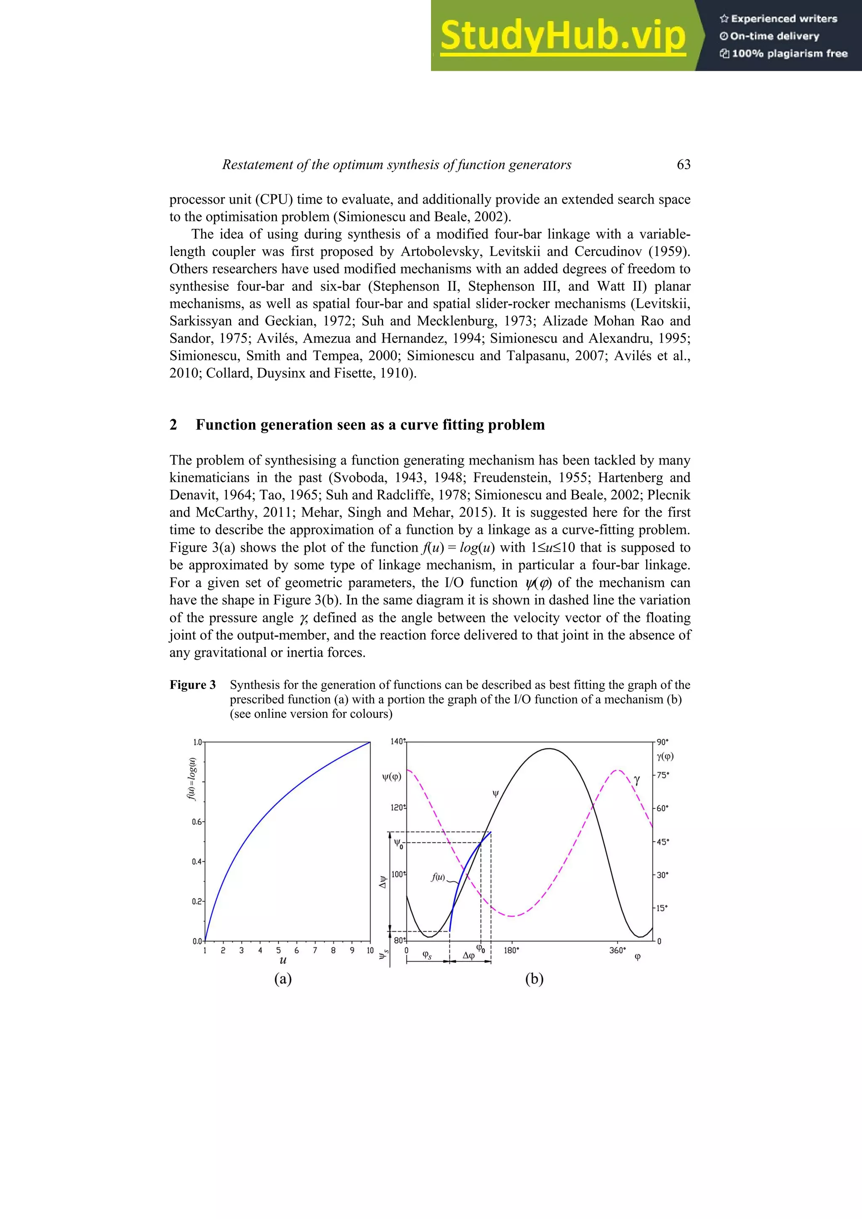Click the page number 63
click(684, 165)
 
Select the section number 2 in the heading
click(173, 425)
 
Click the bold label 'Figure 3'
click(193, 685)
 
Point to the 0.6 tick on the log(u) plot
click(197, 822)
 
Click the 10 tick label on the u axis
click(370, 951)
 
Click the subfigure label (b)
click(534, 978)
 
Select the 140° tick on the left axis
click(397, 741)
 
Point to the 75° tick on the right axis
click(662, 775)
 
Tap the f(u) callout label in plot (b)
click(438, 877)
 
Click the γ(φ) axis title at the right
click(665, 757)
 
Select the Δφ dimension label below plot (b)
click(468, 956)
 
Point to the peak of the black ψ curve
click(549, 749)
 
